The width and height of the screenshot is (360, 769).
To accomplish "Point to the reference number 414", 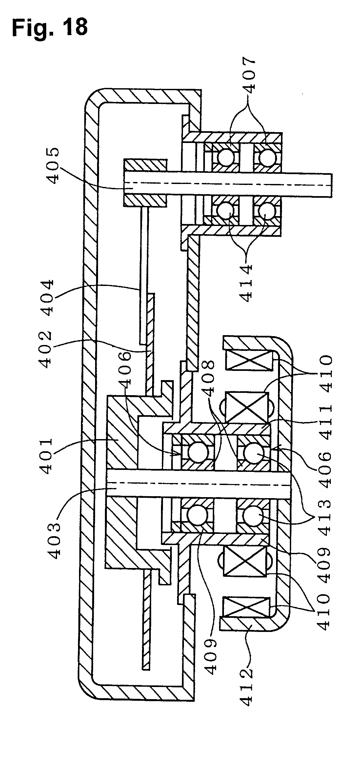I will pos(246,282).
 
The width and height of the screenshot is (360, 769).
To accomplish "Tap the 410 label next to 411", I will pos(325,374).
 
